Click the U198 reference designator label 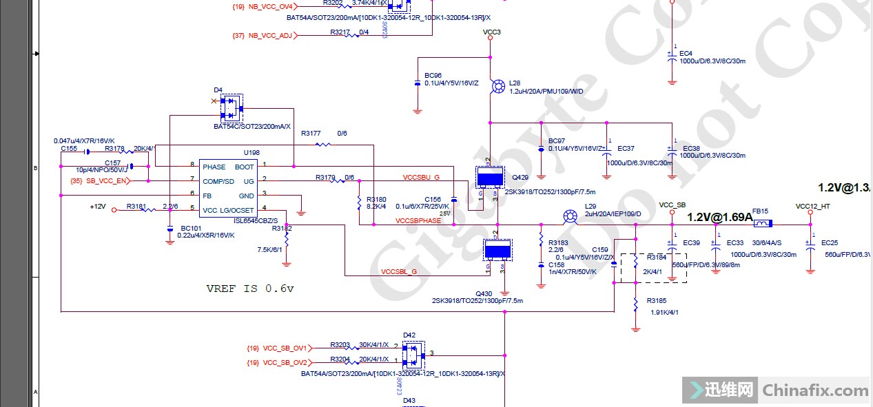click(x=251, y=152)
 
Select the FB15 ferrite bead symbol click(x=761, y=224)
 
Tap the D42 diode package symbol click(x=413, y=355)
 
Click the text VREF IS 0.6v click(x=250, y=289)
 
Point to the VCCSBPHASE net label click(x=418, y=221)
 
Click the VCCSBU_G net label click(x=421, y=178)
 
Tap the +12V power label click(x=98, y=207)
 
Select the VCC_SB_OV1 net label click(x=285, y=348)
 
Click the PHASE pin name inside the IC click(x=214, y=167)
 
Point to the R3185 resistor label click(x=656, y=301)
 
